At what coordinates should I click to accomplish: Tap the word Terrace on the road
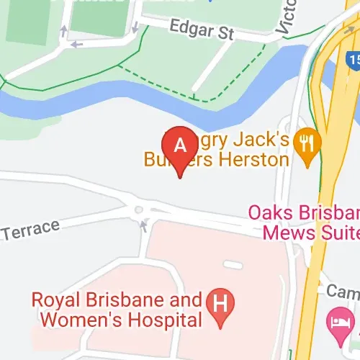[x=30, y=230]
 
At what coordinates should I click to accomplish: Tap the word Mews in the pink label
[x=286, y=232]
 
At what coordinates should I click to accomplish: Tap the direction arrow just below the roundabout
[x=143, y=226]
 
